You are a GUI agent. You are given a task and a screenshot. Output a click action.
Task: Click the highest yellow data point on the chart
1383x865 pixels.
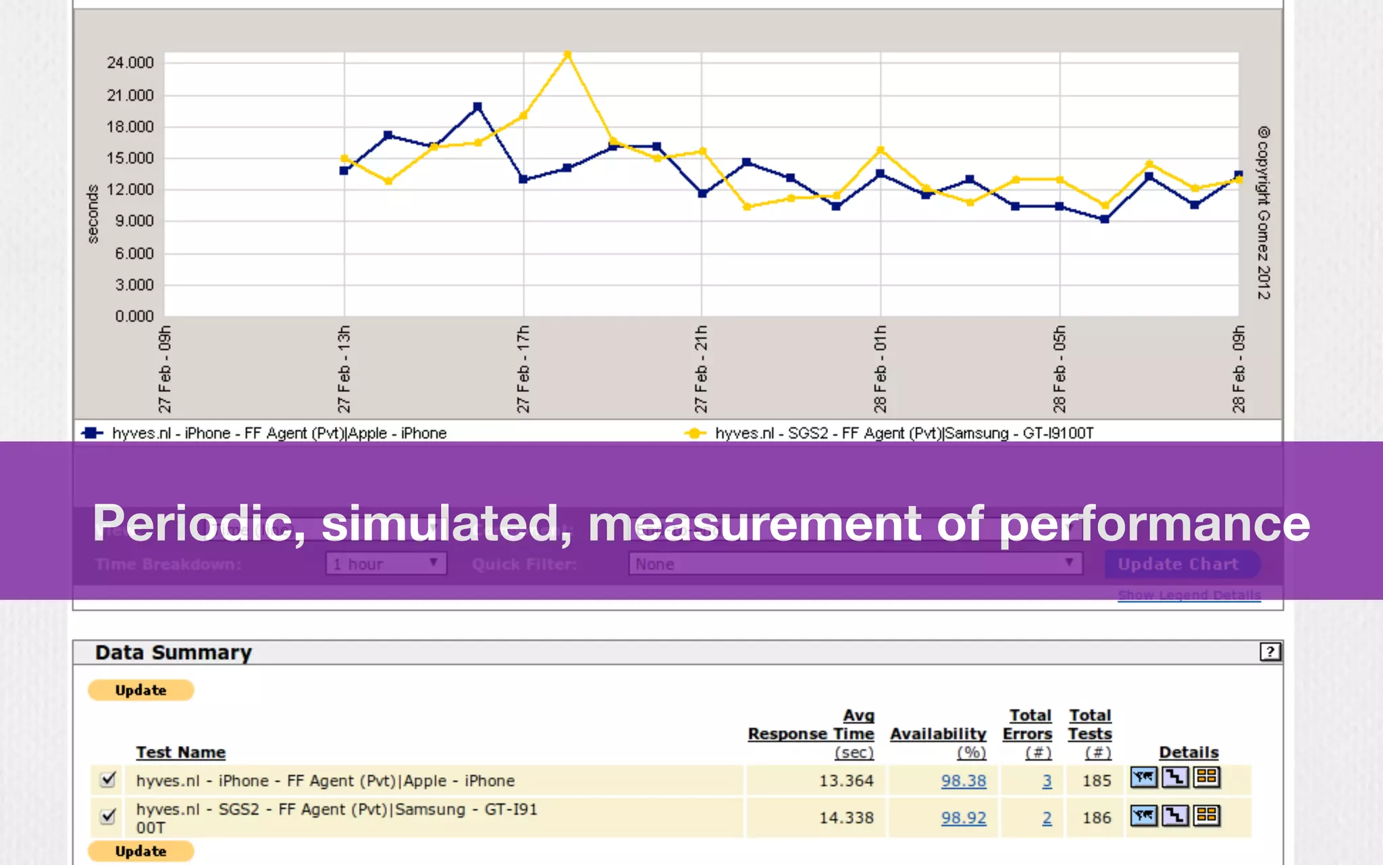pyautogui.click(x=567, y=55)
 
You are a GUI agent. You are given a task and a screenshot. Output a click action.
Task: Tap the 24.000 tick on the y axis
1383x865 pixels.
pyautogui.click(x=130, y=63)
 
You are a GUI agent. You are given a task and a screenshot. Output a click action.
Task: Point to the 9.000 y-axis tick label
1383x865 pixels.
pyautogui.click(x=134, y=221)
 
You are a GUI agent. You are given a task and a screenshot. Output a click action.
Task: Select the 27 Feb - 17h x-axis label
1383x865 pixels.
pyautogui.click(x=523, y=369)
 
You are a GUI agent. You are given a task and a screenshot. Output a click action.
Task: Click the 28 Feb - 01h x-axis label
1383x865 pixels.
pyautogui.click(x=880, y=369)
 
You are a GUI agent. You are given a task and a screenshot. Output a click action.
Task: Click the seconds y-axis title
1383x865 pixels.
pyautogui.click(x=93, y=214)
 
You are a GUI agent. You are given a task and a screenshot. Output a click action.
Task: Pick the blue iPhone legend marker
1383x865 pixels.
pyautogui.click(x=92, y=433)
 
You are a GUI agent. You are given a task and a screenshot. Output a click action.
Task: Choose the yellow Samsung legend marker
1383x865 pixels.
pyautogui.click(x=694, y=433)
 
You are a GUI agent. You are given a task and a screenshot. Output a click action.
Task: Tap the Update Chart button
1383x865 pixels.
pyautogui.click(x=1178, y=564)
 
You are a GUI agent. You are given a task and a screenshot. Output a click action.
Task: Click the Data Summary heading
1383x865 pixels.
pyautogui.click(x=174, y=653)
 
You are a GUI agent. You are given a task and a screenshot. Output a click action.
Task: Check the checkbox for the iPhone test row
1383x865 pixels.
pyautogui.click(x=107, y=779)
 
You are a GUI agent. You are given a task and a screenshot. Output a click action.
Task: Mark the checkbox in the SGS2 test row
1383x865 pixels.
pyautogui.click(x=107, y=816)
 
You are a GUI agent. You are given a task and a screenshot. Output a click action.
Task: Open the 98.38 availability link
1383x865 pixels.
pyautogui.click(x=964, y=781)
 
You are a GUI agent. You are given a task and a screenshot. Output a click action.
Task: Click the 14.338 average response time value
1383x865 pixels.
pyautogui.click(x=846, y=818)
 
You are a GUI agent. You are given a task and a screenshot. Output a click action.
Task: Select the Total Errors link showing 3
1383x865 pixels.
pyautogui.click(x=1047, y=781)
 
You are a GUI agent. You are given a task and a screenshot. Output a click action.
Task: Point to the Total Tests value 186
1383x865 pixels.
pyautogui.click(x=1096, y=818)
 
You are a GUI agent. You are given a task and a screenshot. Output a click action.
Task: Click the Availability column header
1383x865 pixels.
pyautogui.click(x=938, y=735)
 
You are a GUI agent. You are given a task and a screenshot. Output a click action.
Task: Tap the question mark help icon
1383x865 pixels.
pyautogui.click(x=1270, y=651)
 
